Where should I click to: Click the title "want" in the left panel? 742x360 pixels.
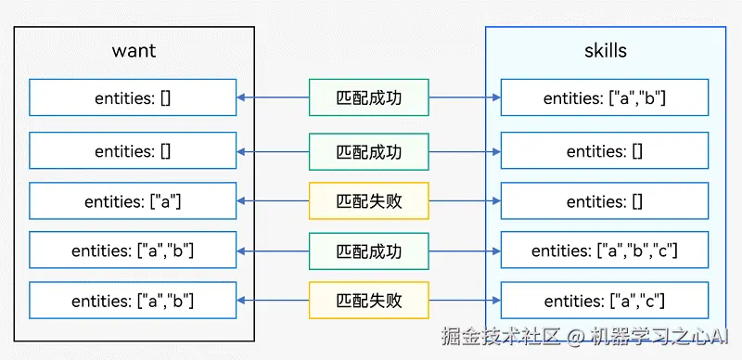coord(134,51)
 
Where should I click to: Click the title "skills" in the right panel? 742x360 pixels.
coord(605,51)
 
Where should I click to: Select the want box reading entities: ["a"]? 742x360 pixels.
coord(133,200)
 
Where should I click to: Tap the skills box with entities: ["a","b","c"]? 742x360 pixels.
coord(605,251)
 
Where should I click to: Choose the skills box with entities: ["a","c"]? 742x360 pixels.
coord(605,301)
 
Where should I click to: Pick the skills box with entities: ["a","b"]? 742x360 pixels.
coord(605,97)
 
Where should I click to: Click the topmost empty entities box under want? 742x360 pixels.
coord(133,97)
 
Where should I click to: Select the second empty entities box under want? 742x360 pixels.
coord(133,150)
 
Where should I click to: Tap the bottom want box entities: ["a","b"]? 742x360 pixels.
coord(133,301)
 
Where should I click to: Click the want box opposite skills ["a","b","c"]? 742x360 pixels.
coord(133,251)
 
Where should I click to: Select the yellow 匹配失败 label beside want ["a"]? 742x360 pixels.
coord(369,200)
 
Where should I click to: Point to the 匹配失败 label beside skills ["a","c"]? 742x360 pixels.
coord(369,301)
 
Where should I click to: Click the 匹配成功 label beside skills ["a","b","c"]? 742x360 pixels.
coord(369,251)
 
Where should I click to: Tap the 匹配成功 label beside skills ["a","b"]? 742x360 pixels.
coord(369,97)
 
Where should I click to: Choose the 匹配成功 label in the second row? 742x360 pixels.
coord(369,150)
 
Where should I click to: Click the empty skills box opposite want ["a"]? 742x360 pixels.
coord(605,200)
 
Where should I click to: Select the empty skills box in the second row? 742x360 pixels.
coord(605,150)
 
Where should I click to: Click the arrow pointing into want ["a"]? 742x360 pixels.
coord(243,200)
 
